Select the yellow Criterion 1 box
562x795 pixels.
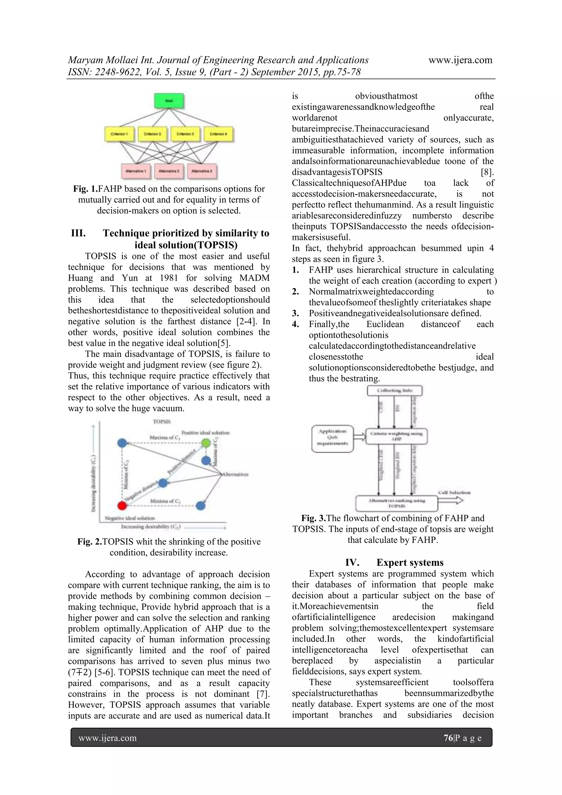pyautogui.click(x=119, y=134)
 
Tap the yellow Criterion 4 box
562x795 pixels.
pyautogui.click(x=218, y=134)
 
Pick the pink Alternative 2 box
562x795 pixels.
pyautogui.click(x=169, y=171)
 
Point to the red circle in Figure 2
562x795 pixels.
pyautogui.click(x=122, y=506)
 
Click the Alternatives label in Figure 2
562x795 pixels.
pyautogui.click(x=235, y=474)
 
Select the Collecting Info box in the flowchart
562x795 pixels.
pyautogui.click(x=395, y=390)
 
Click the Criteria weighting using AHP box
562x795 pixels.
pyautogui.click(x=396, y=436)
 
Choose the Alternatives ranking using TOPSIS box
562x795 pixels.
pyautogui.click(x=397, y=503)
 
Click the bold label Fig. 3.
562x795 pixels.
pyautogui.click(x=314, y=518)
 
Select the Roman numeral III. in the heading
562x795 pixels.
pyautogui.click(x=78, y=233)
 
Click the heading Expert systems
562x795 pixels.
pyautogui.click(x=410, y=562)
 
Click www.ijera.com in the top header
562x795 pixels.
pyautogui.click(x=460, y=60)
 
